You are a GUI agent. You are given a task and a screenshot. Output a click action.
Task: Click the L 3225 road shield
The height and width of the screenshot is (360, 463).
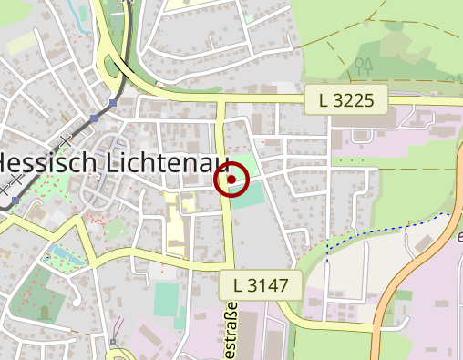(346, 100)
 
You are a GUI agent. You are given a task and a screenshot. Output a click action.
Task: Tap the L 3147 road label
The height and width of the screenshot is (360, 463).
(261, 285)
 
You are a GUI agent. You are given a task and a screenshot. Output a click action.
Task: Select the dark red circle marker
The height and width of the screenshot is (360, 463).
(231, 180)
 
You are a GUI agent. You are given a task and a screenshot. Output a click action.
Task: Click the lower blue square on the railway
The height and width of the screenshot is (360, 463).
(94, 118)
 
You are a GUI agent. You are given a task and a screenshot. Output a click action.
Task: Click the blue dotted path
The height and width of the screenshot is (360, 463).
(383, 228)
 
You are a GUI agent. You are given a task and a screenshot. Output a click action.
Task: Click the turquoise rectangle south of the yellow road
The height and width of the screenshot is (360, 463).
(167, 299)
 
